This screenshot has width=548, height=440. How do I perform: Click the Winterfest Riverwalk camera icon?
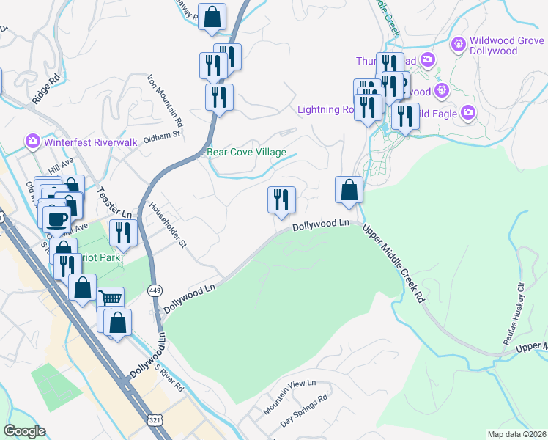[32, 141]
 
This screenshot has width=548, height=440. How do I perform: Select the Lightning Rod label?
[325, 110]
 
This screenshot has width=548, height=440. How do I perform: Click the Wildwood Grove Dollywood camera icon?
[459, 44]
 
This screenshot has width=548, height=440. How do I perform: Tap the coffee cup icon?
[56, 218]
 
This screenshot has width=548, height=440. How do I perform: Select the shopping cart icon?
[110, 299]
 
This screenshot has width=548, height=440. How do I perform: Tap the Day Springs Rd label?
[303, 414]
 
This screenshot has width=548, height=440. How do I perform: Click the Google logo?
[24, 430]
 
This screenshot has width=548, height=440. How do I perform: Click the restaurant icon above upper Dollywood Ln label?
[281, 199]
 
